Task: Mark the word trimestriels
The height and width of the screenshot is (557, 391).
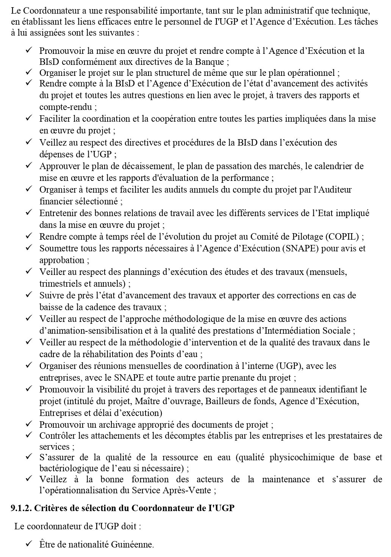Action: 59,284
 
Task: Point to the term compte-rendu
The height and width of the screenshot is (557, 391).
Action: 62,107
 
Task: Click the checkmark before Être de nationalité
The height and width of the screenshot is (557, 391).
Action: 28,544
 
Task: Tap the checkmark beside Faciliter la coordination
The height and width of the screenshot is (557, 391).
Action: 28,119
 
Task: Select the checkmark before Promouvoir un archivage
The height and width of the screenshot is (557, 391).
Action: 28,424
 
